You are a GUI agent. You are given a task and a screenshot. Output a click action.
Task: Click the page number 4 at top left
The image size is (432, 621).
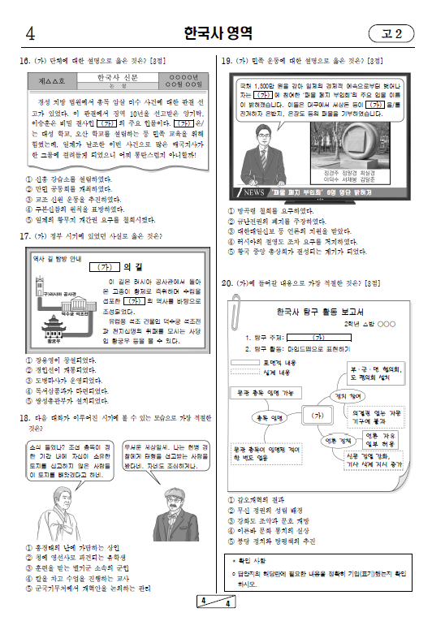coord(30,34)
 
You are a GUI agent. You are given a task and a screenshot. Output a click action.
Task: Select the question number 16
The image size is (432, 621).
coord(23,61)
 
